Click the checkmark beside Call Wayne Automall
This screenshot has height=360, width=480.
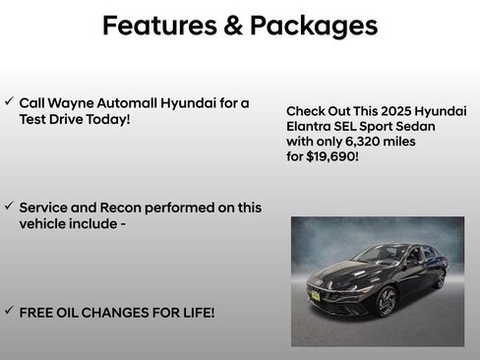coord(9,101)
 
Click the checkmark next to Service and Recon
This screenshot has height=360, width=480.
coord(9,207)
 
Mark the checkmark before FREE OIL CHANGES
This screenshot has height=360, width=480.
coord(9,311)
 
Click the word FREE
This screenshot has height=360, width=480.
coord(37,313)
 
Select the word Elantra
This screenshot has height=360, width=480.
coord(312,126)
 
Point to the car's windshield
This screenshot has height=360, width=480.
coord(379,256)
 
